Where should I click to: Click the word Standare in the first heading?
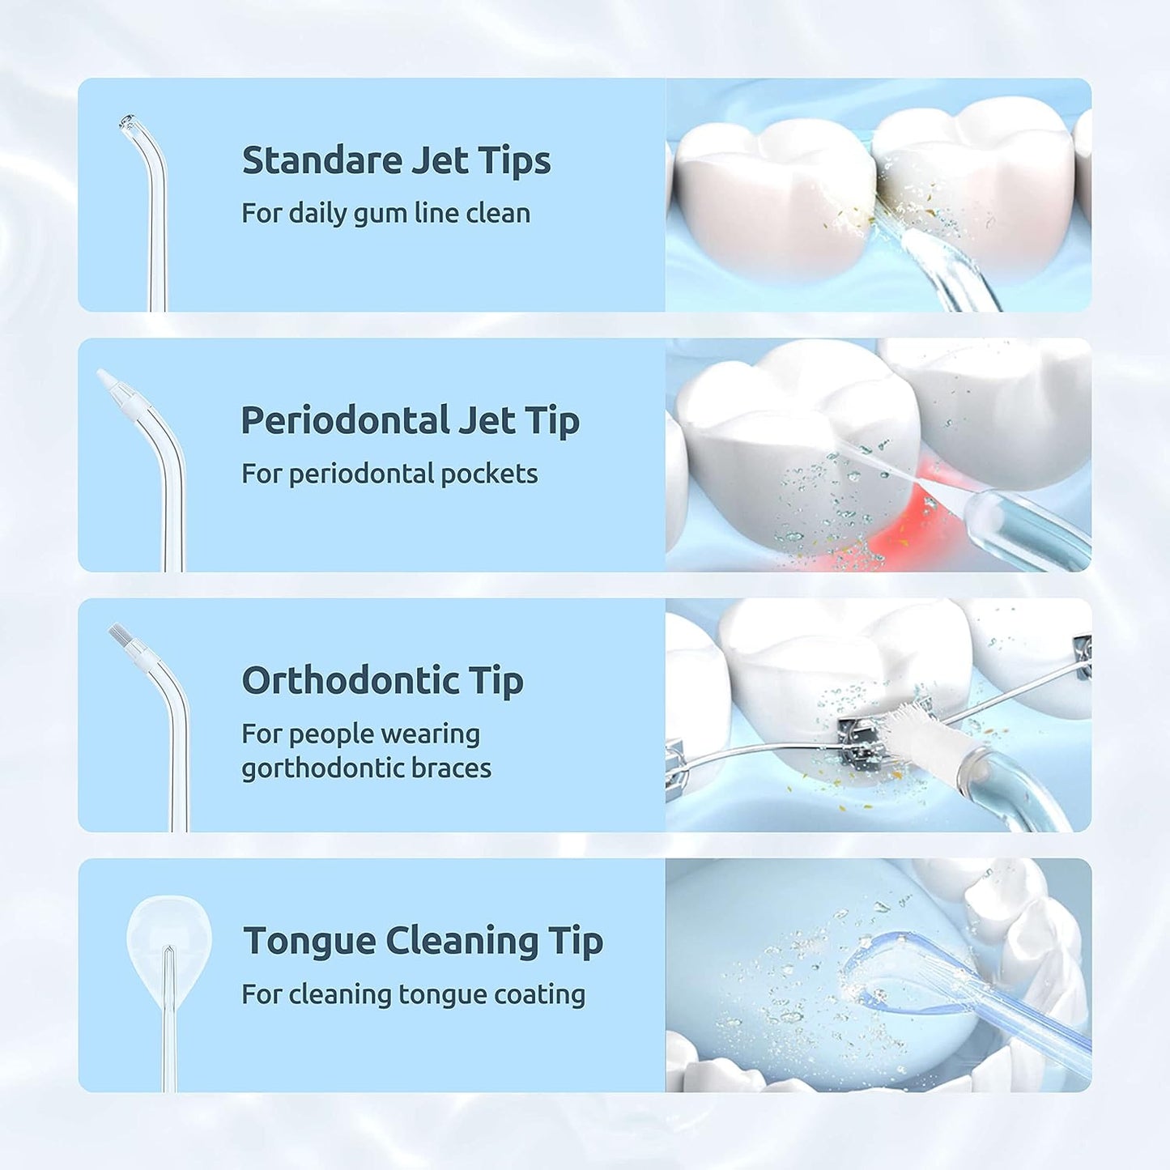[x=321, y=160]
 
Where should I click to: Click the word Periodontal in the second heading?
[x=345, y=421]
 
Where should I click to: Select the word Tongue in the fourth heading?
[x=308, y=941]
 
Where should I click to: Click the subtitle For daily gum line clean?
[x=385, y=214]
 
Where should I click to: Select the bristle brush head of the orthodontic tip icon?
[x=118, y=633]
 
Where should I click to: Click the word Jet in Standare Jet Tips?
[x=440, y=160]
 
